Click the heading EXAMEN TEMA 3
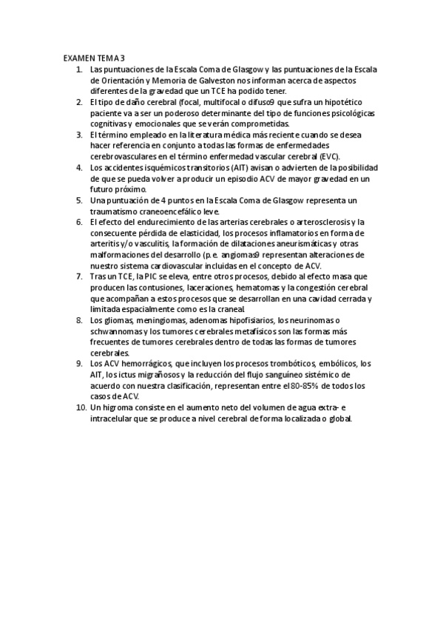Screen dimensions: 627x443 coord(94,57)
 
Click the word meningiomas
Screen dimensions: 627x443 coord(143,320)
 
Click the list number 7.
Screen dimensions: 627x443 coord(80,277)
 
